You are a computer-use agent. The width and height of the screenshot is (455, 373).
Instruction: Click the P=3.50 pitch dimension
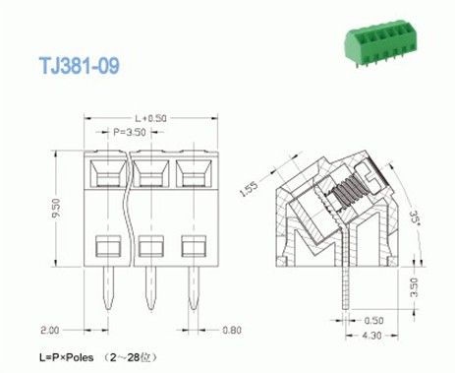pyautogui.click(x=129, y=132)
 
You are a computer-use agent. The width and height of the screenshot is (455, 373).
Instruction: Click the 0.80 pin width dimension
pyautogui.click(x=232, y=330)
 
